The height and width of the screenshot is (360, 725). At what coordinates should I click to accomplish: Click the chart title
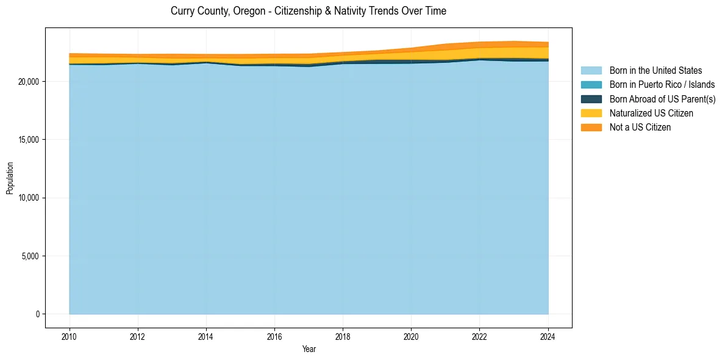[x=308, y=11]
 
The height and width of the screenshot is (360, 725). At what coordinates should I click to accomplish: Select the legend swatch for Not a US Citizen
[x=591, y=127]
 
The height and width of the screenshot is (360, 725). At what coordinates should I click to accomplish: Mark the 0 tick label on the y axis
[x=37, y=314]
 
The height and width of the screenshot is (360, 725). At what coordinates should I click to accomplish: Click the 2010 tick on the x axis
[x=70, y=336]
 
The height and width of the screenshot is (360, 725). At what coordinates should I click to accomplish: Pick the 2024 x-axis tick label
[x=548, y=336]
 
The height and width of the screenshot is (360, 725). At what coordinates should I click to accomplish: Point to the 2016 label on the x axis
[x=274, y=336]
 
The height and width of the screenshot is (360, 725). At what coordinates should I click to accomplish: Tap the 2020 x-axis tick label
[x=412, y=336]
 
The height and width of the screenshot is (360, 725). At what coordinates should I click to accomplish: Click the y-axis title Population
[x=10, y=178]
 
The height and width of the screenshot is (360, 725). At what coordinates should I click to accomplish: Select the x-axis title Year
[x=309, y=349]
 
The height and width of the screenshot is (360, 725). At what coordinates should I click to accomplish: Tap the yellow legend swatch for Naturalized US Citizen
[x=591, y=113]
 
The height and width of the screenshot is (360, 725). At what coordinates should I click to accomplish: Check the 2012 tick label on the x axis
[x=138, y=336]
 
